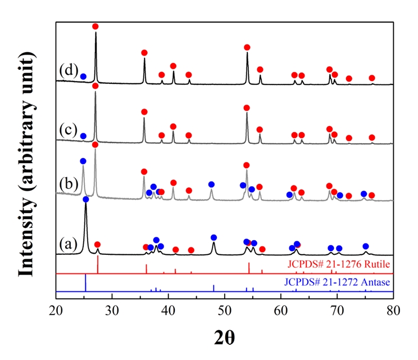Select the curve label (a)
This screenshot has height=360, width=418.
pos(69,245)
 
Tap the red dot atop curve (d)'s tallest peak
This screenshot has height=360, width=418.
pos(96,26)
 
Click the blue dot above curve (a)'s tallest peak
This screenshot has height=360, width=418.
pos(86,199)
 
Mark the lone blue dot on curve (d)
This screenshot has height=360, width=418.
pos(83,76)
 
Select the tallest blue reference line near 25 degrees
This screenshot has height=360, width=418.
pos(85,283)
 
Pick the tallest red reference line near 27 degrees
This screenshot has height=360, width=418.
pos(98,264)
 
